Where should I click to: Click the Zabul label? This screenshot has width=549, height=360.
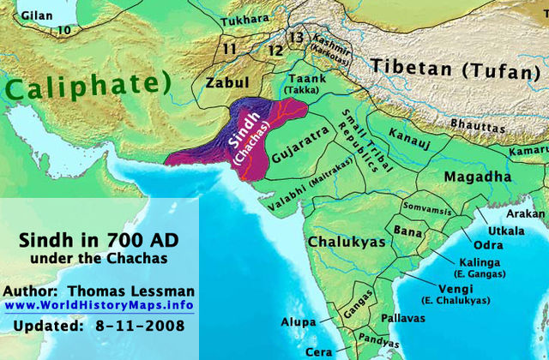point(226,83)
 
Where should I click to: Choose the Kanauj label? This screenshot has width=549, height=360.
point(410,136)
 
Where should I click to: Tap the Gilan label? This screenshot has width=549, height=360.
point(24,15)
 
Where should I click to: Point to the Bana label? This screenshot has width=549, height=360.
point(406,231)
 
